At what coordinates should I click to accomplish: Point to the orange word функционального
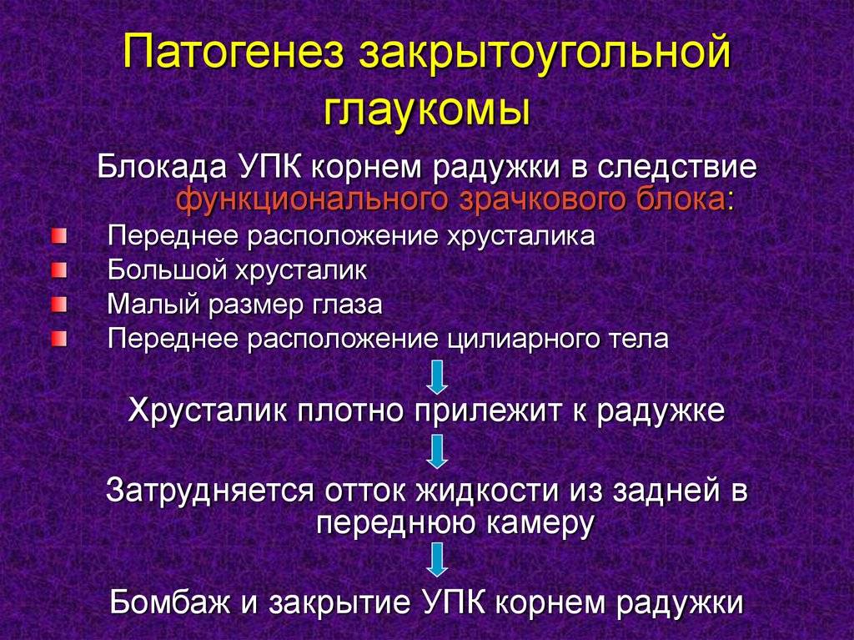click(x=314, y=200)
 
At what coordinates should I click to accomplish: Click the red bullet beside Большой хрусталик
click(x=59, y=270)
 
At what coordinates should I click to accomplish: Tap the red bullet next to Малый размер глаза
click(x=59, y=305)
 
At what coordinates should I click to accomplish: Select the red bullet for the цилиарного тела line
click(x=59, y=339)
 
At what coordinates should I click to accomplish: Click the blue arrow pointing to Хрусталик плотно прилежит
click(x=437, y=377)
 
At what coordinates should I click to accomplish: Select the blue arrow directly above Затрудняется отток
click(x=437, y=452)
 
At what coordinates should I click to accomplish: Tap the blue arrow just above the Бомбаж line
click(x=437, y=560)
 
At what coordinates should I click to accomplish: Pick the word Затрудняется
click(x=210, y=491)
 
